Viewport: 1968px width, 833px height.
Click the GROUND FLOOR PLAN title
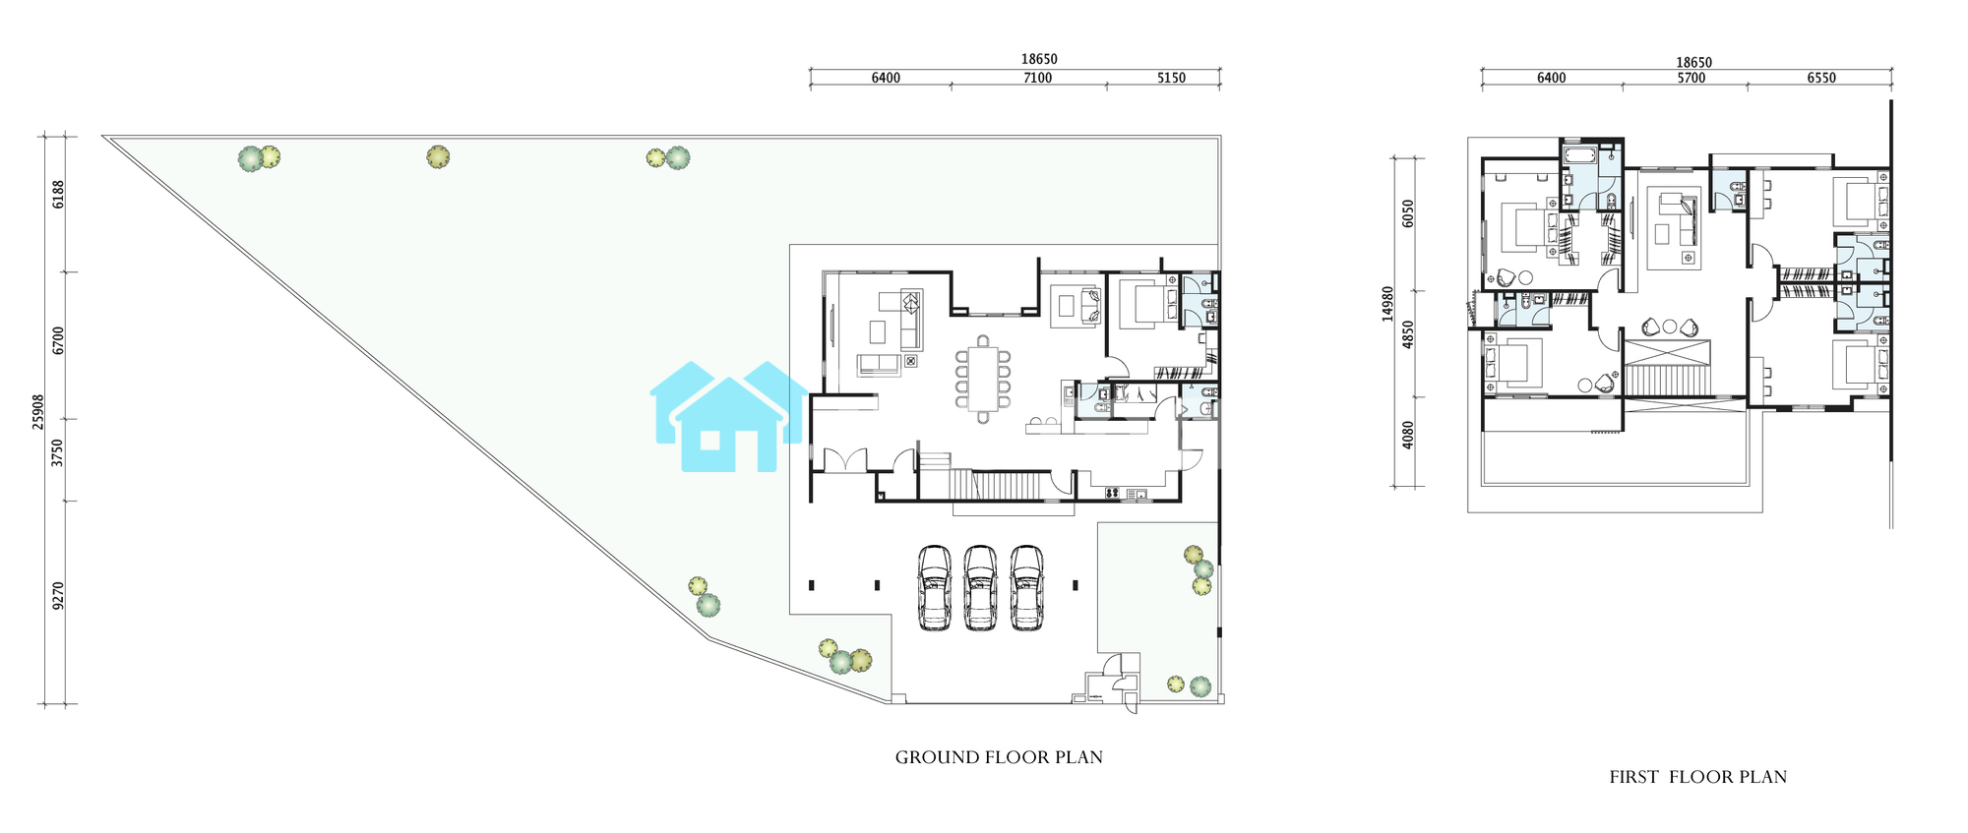[999, 757]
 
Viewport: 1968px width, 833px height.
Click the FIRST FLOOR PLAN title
[1698, 777]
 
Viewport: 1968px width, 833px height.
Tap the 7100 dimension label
[1037, 78]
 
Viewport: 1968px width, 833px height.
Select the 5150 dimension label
[1171, 78]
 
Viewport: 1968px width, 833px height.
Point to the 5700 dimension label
[1691, 78]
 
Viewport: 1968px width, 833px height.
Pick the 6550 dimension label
[1821, 78]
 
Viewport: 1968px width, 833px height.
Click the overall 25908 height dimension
[38, 412]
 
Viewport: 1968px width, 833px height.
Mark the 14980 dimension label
[1387, 304]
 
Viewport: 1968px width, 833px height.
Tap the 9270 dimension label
[58, 596]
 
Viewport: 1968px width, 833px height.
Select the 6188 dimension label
[58, 194]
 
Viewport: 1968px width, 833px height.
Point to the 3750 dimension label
[58, 453]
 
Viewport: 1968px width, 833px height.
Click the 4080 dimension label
[1408, 436]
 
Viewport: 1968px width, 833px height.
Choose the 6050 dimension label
[1408, 213]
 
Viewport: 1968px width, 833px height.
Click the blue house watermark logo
[728, 416]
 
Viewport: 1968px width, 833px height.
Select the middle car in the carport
[980, 588]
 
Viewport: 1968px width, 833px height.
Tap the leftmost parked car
[934, 588]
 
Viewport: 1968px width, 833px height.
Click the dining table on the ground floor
[982, 379]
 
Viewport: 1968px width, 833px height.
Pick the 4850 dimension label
[1408, 334]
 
